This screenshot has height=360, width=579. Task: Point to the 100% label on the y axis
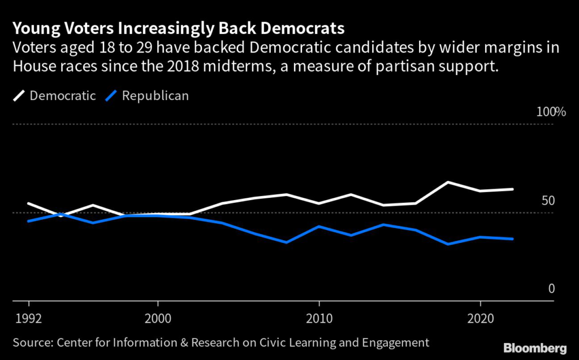pyautogui.click(x=551, y=112)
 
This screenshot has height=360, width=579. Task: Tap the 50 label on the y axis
pyautogui.click(x=549, y=201)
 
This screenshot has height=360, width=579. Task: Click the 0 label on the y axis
pyautogui.click(x=551, y=289)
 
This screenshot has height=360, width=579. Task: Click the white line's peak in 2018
pyautogui.click(x=448, y=182)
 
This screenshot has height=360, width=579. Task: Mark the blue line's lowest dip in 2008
pyautogui.click(x=287, y=242)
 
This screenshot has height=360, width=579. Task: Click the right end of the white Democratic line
pyautogui.click(x=512, y=189)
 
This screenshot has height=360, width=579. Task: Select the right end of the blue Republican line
pyautogui.click(x=512, y=239)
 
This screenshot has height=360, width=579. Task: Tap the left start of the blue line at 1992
pyautogui.click(x=28, y=221)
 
